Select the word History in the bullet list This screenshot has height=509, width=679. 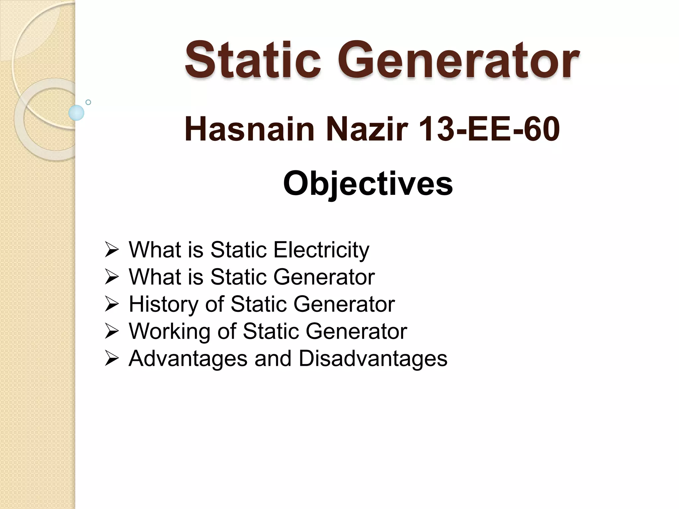[164, 304]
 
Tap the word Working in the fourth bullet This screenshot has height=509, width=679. [170, 331]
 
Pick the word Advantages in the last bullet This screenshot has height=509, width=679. [188, 359]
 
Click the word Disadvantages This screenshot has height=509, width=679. [373, 359]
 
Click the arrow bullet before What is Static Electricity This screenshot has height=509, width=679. [111, 250]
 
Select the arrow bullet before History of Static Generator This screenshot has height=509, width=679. [111, 305]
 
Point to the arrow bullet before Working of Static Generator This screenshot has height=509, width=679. [111, 332]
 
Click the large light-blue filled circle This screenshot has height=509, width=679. [76, 113]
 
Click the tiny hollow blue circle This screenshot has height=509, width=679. [88, 102]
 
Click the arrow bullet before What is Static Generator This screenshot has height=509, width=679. [111, 277]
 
